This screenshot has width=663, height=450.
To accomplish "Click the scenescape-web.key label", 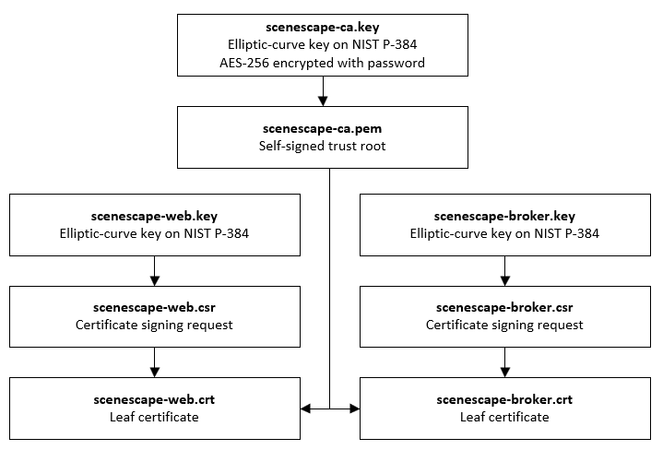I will [x=155, y=216].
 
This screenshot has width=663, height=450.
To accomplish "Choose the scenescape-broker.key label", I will [x=504, y=216].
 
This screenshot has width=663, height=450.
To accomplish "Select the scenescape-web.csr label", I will [x=155, y=308].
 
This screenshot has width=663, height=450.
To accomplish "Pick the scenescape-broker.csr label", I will [x=504, y=308].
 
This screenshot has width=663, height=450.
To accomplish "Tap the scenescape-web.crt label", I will [x=155, y=400].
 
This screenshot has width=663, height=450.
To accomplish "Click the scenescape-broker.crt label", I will [x=504, y=400].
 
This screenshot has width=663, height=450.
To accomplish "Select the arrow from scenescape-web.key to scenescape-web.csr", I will [x=155, y=269].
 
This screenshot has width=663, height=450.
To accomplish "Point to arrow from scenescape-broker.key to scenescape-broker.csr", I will [x=504, y=269].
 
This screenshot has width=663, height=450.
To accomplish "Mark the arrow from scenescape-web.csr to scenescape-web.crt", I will [x=155, y=361].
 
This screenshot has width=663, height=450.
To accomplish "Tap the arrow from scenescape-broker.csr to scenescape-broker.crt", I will [x=504, y=361].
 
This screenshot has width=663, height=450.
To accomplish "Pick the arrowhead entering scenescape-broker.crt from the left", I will [x=354, y=409].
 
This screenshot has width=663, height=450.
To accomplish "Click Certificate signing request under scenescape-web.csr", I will [x=155, y=325].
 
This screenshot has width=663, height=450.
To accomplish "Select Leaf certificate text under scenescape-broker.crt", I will [x=504, y=417].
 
